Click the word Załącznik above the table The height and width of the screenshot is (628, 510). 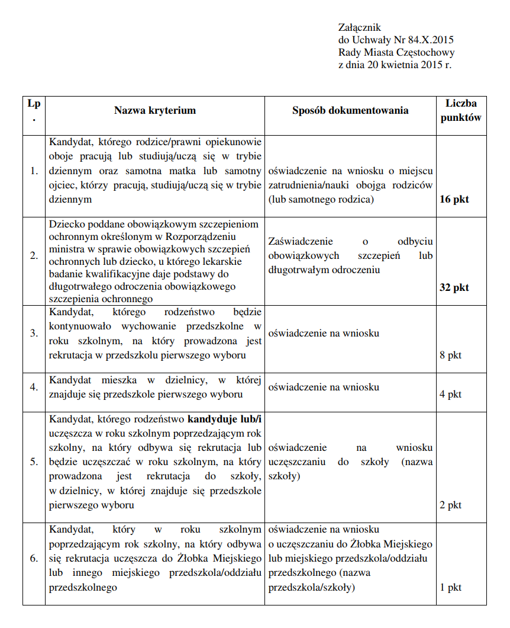tap(359, 27)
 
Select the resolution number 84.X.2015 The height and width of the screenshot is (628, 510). tap(431, 40)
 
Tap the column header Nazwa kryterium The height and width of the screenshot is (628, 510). tap(155, 110)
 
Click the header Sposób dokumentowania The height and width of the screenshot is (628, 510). tap(350, 110)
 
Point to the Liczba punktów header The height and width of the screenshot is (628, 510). tap(461, 110)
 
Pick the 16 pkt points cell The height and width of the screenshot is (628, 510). tap(454, 199)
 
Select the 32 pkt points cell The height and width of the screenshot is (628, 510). tap(454, 287)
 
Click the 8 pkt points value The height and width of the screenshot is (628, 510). tap(450, 355)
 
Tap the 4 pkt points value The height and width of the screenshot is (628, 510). tap(450, 394)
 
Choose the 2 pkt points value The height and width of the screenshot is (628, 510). tap(450, 505)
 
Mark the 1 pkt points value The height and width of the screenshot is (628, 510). tap(450, 588)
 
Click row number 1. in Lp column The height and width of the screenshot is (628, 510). tap(34, 171)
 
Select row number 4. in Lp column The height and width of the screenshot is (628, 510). tap(34, 387)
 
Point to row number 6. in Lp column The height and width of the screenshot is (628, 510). tap(34, 558)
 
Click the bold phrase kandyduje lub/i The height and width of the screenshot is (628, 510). tap(224, 419)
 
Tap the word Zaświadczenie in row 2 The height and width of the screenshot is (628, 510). tap(301, 242)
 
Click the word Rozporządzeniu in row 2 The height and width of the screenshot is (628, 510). tap(204, 237)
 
